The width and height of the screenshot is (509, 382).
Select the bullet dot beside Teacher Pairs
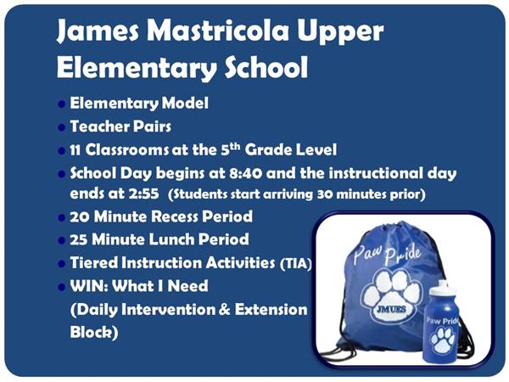coord(61,127)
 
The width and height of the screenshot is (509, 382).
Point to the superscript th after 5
coord(235,147)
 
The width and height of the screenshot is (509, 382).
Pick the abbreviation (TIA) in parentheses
coord(295,264)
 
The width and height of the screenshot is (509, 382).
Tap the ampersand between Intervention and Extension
coord(225,309)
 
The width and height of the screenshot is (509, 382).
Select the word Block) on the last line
coord(94,332)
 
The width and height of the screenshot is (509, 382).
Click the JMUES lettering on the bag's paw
coord(391,309)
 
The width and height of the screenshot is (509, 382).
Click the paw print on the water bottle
coord(443,340)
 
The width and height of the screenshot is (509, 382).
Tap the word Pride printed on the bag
coord(403,255)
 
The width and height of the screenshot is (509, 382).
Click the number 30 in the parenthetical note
coord(325,194)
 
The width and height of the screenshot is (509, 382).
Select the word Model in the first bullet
coord(185,104)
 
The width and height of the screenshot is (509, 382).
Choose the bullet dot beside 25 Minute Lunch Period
coord(61,240)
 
